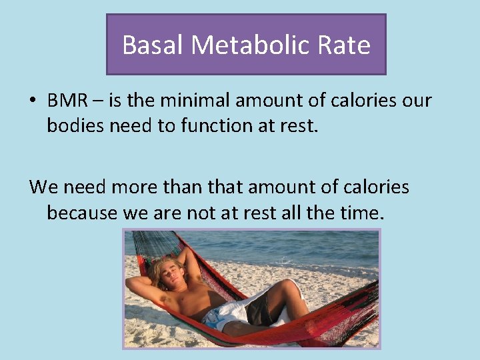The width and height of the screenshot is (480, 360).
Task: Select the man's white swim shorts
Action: (223, 313)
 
